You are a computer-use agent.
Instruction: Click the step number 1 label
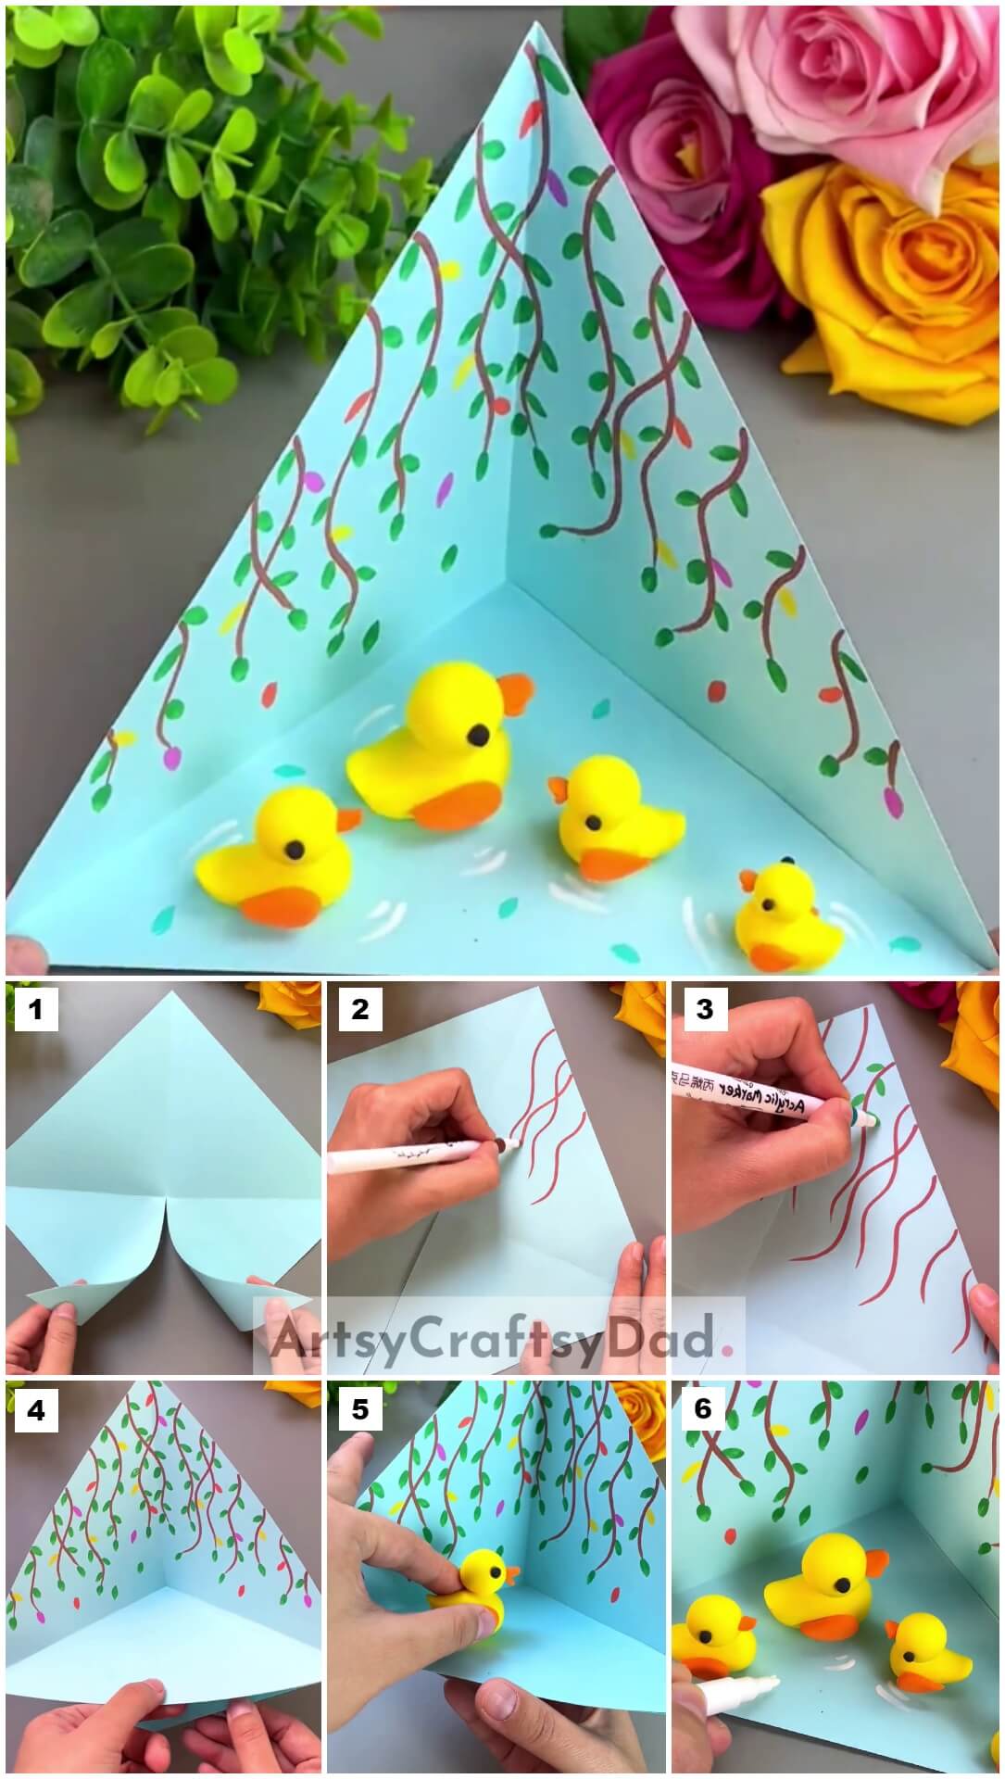[36, 1008]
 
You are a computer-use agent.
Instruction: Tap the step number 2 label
[359, 1008]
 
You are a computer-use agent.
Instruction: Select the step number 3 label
[704, 1008]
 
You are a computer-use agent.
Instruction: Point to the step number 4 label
[36, 1409]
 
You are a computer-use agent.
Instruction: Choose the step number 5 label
[359, 1409]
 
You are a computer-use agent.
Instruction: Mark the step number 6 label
[704, 1409]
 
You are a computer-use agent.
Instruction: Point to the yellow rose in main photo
[889, 278]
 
